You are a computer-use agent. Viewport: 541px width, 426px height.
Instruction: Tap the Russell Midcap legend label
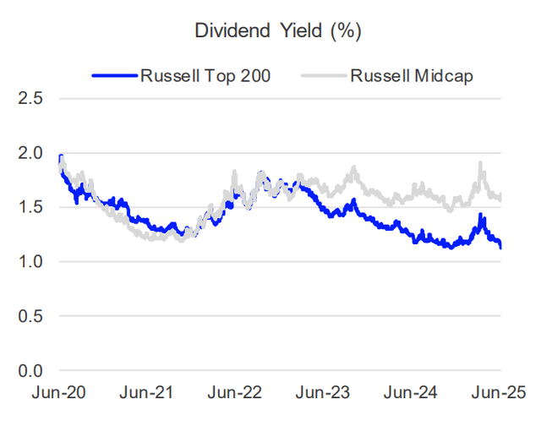tap(411, 75)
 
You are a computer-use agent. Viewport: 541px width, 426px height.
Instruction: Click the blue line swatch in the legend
tap(113, 75)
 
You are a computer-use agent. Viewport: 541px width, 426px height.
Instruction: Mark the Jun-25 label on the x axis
tap(499, 393)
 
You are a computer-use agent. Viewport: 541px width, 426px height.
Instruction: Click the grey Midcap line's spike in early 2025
tap(481, 164)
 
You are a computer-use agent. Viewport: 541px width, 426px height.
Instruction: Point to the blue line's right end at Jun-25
tap(500, 247)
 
